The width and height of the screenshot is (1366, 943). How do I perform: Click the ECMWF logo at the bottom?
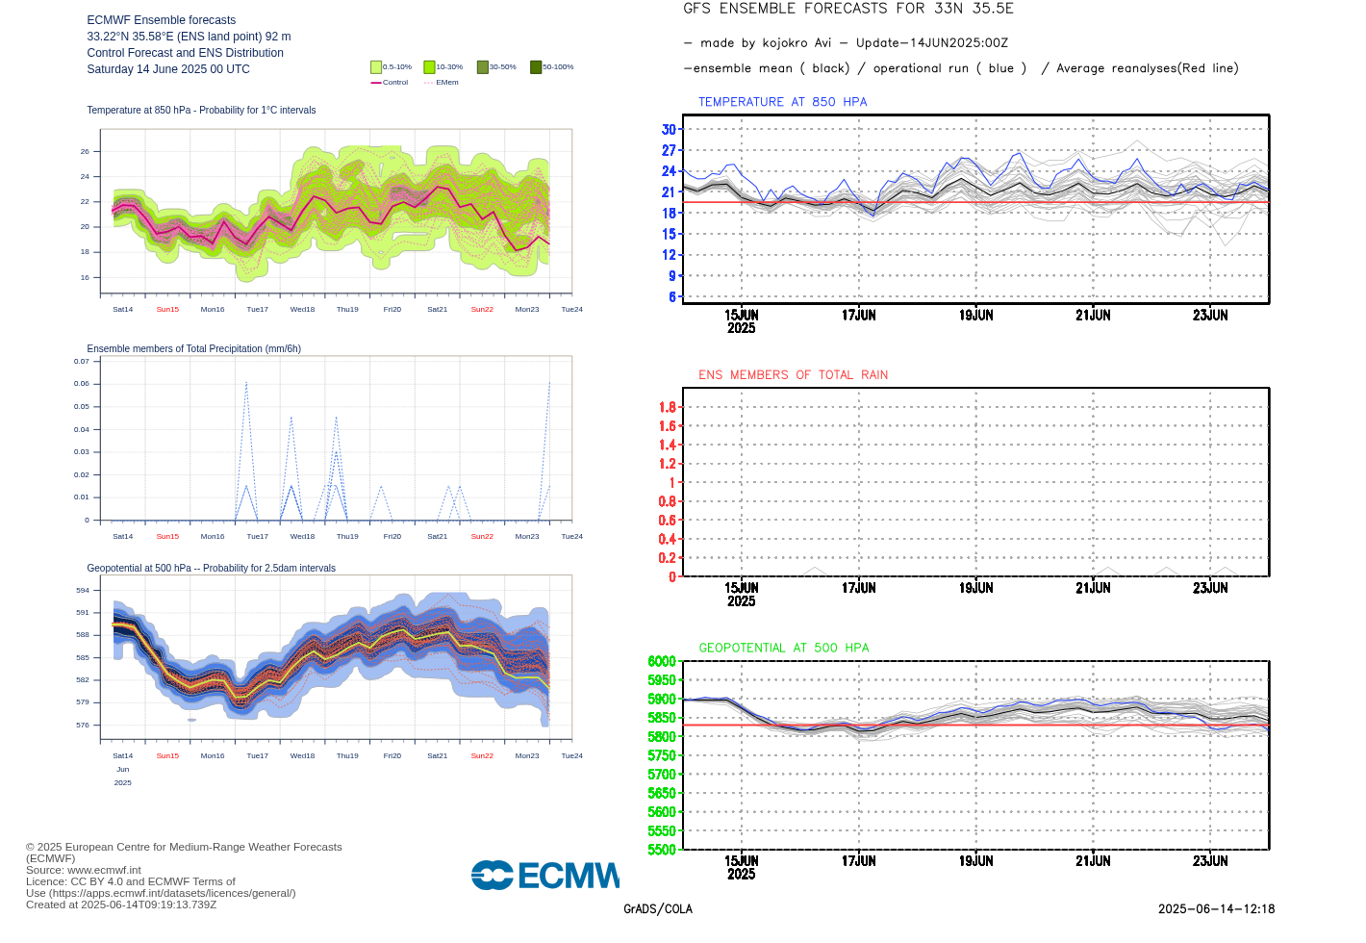coord(545,875)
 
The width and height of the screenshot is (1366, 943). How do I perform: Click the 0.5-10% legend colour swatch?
coord(376,67)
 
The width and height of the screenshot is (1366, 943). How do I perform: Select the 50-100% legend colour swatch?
coord(536,67)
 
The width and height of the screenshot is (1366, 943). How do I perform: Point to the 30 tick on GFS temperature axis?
coord(669,130)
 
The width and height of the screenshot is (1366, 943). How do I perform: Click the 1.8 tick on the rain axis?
coord(668,407)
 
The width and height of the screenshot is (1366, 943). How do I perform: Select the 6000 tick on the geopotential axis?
coord(662,661)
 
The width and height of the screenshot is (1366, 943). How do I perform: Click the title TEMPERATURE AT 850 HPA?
coord(782,102)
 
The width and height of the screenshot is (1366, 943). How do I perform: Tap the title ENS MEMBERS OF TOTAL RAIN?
coord(793,375)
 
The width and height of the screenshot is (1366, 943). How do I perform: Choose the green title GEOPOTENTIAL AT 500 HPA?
coord(783,649)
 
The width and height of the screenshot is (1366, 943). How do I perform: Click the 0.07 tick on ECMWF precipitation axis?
coord(82,362)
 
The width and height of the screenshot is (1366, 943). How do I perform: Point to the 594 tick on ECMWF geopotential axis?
coord(83,591)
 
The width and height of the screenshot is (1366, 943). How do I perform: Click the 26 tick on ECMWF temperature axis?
coord(85,152)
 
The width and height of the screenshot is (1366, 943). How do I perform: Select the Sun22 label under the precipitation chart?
coord(482,537)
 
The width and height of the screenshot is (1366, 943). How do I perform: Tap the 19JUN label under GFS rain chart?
coord(975,588)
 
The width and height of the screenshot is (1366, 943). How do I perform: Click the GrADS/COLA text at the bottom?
coord(658,909)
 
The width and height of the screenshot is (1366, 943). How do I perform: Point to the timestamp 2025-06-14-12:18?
coord(1216,909)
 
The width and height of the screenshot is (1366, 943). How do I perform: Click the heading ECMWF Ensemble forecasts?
coord(161,20)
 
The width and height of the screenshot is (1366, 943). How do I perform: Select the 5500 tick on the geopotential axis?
coord(662,850)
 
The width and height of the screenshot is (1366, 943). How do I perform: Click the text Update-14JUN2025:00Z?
coord(931,43)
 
